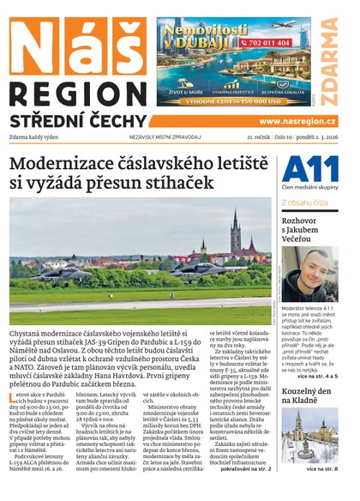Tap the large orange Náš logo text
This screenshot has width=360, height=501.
coord(76,43)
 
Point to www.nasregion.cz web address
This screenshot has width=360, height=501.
coord(297,122)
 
